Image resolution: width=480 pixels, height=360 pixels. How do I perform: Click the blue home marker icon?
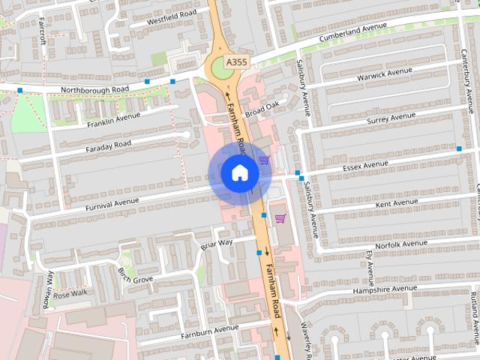coord(239,173)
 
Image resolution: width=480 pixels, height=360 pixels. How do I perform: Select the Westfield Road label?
coord(172,14)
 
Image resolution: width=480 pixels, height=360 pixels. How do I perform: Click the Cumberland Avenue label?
coord(352,30)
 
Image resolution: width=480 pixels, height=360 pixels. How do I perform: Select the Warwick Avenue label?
coord(385,75)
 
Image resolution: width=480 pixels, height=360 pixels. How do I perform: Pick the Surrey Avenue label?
coord(391,118)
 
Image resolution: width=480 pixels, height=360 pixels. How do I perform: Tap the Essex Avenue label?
coord(365,163)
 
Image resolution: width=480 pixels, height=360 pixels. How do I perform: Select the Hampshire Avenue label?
coord(385,289)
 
